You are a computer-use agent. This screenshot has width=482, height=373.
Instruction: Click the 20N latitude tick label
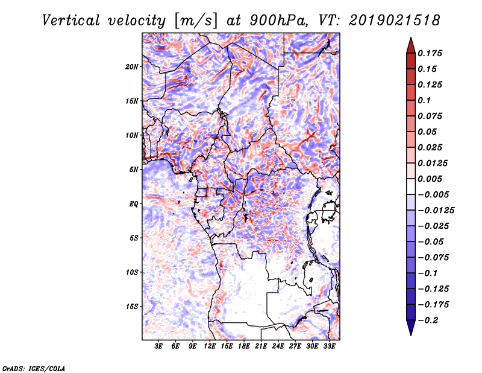[x=132, y=67]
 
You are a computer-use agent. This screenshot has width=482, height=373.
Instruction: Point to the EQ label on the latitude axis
[x=134, y=204]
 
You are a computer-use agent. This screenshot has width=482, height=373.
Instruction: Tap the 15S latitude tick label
[x=132, y=307]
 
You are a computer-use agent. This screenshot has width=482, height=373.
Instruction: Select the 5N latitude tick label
[x=134, y=170]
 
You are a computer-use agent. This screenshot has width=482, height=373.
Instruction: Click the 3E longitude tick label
[x=158, y=346]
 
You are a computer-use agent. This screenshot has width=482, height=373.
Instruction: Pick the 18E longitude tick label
[x=244, y=346]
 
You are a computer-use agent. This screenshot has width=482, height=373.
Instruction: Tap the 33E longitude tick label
[x=329, y=346]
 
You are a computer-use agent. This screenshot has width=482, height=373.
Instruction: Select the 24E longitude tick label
[x=278, y=346]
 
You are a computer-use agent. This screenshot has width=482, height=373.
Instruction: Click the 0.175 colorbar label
[x=430, y=53]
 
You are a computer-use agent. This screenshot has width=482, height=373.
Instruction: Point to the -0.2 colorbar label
[x=428, y=320]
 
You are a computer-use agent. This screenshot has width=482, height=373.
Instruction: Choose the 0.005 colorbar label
[x=430, y=179]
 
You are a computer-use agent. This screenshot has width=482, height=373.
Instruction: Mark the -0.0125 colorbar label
[x=436, y=211]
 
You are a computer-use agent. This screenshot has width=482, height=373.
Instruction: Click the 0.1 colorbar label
[x=424, y=100]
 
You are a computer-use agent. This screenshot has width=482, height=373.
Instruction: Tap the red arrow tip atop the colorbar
[x=411, y=38]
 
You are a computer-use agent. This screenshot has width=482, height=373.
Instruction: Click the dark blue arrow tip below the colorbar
[x=411, y=334]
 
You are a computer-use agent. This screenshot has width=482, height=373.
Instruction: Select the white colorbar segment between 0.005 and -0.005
[x=411, y=186]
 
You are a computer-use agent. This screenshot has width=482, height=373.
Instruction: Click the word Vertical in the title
[x=71, y=21]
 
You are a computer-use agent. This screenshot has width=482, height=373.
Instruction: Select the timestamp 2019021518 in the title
[x=395, y=21]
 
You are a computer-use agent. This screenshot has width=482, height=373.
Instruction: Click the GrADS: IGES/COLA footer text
[x=34, y=368]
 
